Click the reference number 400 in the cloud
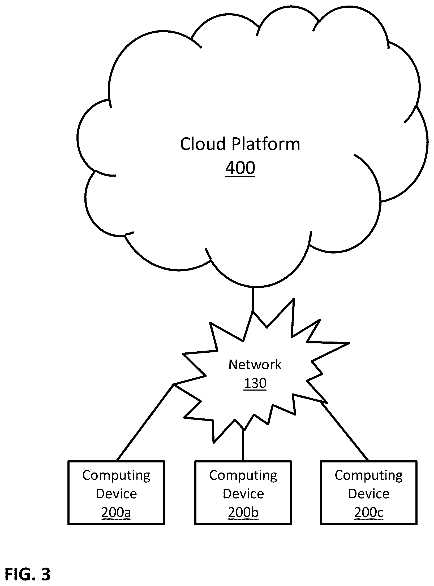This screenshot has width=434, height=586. (x=240, y=168)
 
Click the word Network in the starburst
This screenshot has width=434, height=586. (x=255, y=365)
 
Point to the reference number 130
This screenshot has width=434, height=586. (x=255, y=383)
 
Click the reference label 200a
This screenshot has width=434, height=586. (x=116, y=513)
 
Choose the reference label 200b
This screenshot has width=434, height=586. (x=243, y=513)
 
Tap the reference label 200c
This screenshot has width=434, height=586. (x=369, y=513)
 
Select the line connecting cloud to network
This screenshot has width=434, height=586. (x=253, y=299)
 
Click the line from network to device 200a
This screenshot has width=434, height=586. (x=145, y=423)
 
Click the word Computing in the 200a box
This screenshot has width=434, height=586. (x=116, y=476)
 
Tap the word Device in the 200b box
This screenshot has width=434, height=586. (x=243, y=494)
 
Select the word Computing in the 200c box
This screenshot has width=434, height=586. (x=369, y=476)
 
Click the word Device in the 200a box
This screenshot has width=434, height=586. (x=116, y=494)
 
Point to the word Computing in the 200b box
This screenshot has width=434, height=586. (x=243, y=476)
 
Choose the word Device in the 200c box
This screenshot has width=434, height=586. (x=369, y=494)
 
